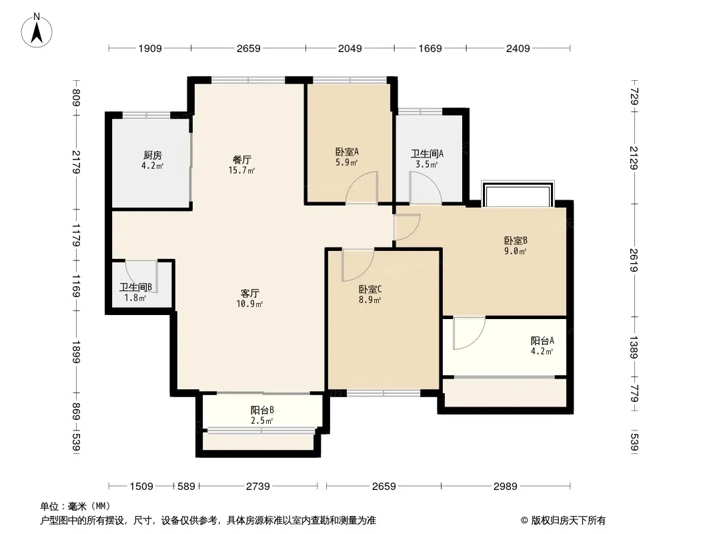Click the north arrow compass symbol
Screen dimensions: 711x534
[37, 31]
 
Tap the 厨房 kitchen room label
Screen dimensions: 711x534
[152, 156]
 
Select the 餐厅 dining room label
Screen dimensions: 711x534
[241, 160]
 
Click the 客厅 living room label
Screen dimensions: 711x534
[250, 294]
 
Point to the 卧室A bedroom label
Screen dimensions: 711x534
[347, 152]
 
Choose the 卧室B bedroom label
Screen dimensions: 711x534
[516, 241]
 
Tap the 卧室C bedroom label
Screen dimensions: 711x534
[370, 290]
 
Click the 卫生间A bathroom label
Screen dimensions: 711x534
[427, 154]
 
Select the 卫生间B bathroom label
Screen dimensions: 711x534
[135, 288]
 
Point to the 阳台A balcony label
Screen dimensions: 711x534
[542, 340]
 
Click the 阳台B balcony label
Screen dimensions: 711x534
[262, 410]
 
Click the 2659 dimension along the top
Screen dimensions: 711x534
[249, 48]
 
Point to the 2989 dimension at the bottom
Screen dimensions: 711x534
[505, 487]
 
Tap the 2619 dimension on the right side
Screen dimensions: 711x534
[634, 260]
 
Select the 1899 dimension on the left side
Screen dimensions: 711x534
[76, 352]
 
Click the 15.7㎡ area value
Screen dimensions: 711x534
[241, 171]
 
